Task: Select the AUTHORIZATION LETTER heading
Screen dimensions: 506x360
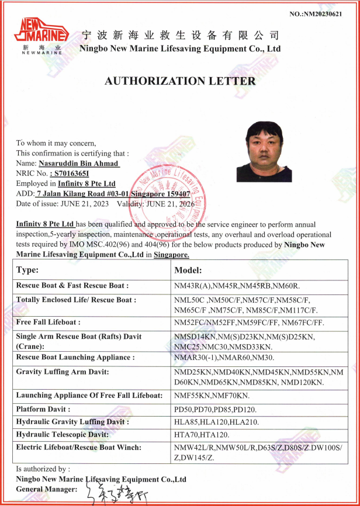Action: pos(180,81)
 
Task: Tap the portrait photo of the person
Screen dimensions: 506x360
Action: pos(264,152)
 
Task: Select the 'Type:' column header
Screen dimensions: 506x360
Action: pos(27,270)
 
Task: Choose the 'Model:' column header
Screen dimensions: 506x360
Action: pos(188,271)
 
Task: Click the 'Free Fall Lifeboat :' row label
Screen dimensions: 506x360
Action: pos(49,322)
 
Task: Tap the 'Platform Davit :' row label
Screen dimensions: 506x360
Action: pos(44,409)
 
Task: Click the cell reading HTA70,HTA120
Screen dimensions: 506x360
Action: pos(202,435)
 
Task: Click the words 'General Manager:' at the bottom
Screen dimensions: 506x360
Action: pos(46,488)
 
